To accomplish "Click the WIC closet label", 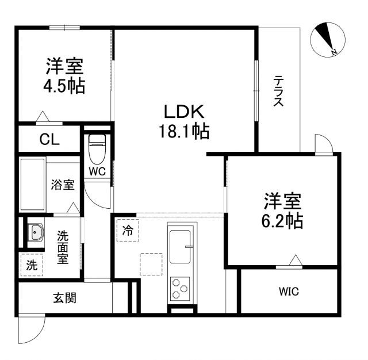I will [x=289, y=292].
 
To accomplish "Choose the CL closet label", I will [x=49, y=139].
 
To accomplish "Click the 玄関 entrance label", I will [x=65, y=298].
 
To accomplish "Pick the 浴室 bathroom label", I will [x=62, y=185].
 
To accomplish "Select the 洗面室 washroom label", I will [x=62, y=247].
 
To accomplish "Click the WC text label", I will [x=96, y=171].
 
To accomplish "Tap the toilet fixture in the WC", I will [x=97, y=149].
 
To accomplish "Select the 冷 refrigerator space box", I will [x=128, y=231].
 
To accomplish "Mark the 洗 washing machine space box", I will [x=32, y=266].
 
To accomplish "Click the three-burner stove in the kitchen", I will [x=181, y=286].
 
